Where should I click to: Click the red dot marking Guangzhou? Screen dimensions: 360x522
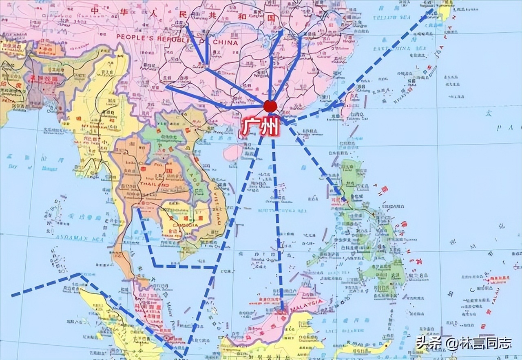pos(270,106)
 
